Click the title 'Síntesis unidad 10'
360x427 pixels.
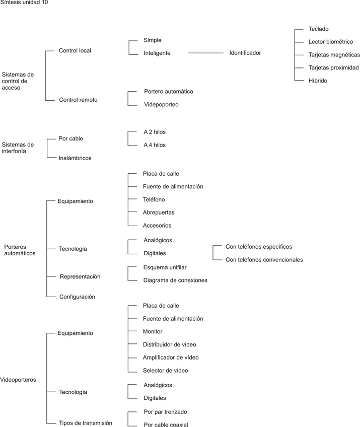(x=25, y=3)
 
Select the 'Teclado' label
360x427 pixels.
(x=318, y=29)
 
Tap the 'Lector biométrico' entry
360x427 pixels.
(x=331, y=42)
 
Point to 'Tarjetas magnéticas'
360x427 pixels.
(x=334, y=54)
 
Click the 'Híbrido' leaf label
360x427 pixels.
(x=318, y=81)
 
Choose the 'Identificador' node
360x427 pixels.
(x=245, y=53)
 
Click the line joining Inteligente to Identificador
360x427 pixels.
(x=204, y=53)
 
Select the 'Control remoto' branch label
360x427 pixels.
(x=78, y=100)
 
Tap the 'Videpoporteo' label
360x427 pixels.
(x=161, y=105)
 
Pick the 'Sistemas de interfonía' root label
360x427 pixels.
(x=18, y=148)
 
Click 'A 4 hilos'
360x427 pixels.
(x=155, y=145)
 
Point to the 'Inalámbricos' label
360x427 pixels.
(x=75, y=158)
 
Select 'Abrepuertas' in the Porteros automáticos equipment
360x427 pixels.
(x=159, y=212)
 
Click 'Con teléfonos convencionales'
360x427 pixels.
(x=264, y=260)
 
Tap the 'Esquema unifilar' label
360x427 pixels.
(x=165, y=267)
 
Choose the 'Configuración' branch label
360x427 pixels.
(x=77, y=297)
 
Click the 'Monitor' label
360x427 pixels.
(x=153, y=331)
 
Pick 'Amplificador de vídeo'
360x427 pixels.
(x=171, y=358)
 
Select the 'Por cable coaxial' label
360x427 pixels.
(x=166, y=424)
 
